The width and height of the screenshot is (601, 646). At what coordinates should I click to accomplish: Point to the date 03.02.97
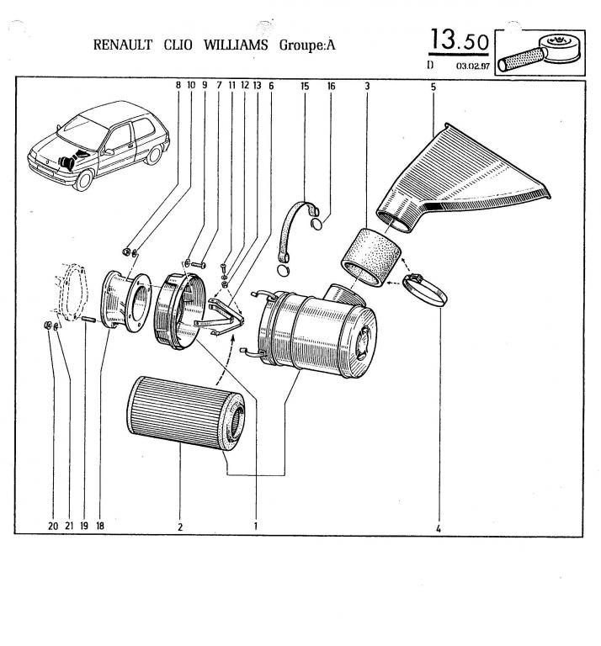472,65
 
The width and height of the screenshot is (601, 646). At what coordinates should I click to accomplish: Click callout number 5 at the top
433,86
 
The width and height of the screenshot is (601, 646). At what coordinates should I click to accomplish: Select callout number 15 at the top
305,86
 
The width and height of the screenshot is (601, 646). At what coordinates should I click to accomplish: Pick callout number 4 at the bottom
439,528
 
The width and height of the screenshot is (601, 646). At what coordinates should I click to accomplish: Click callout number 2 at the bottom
180,527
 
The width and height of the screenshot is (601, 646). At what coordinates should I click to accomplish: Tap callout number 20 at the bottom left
53,527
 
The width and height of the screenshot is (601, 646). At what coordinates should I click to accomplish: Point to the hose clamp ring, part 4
424,289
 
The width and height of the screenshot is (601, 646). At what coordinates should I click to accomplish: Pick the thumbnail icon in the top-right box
539,53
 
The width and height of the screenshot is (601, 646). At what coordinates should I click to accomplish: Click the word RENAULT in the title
123,45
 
